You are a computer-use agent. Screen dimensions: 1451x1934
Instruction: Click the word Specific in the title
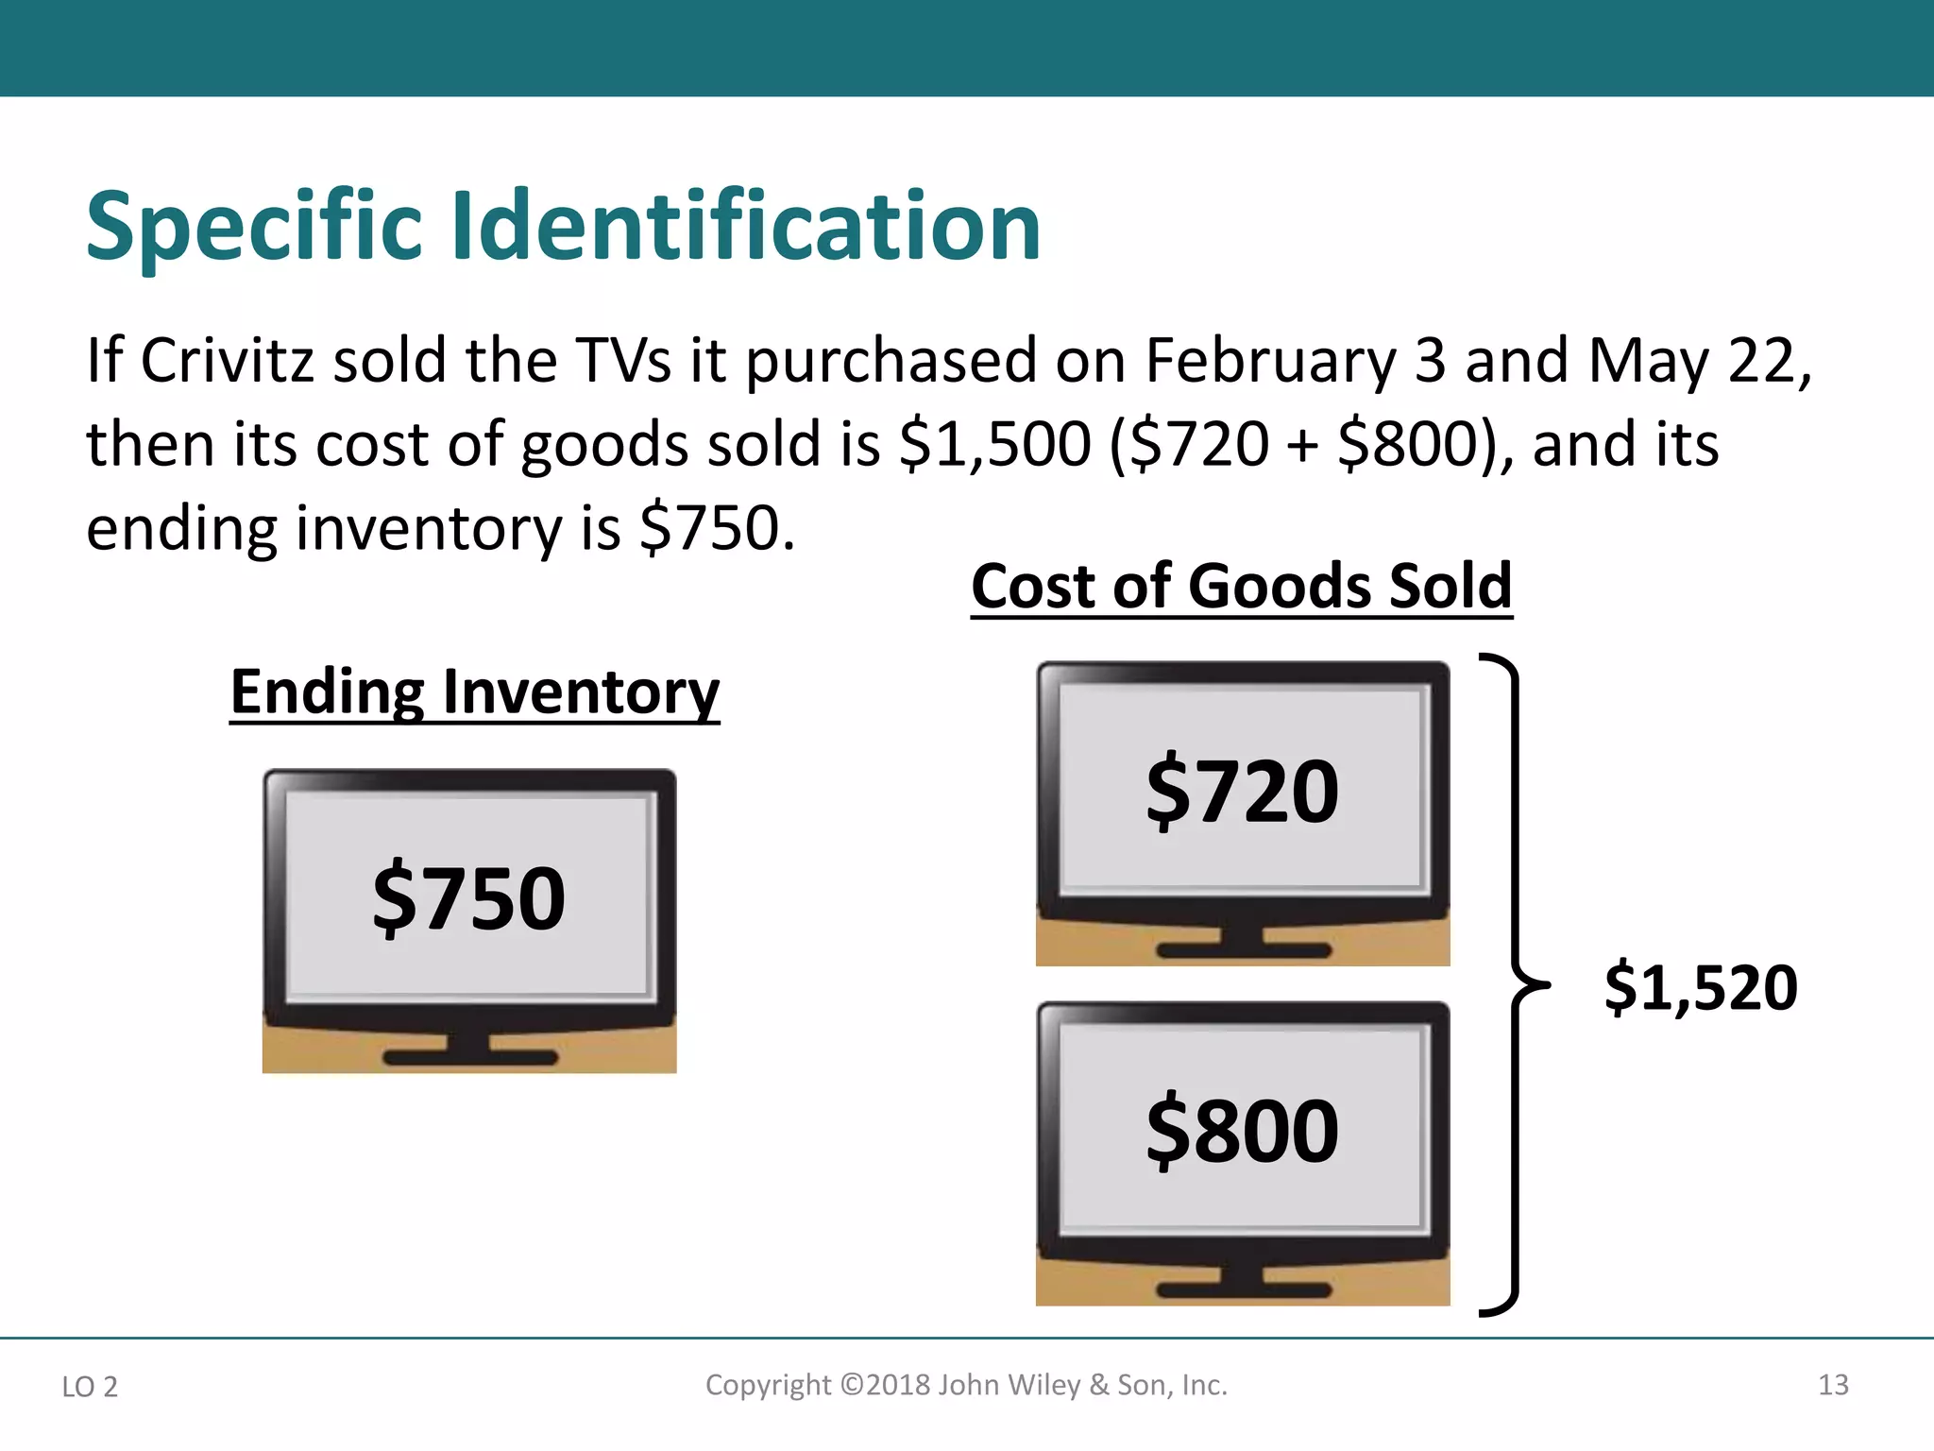(253, 227)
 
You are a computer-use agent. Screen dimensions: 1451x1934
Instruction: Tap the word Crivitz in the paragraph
(227, 361)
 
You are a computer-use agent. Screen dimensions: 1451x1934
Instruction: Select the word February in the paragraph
(1270, 361)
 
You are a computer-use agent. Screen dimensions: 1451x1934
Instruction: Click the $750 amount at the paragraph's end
(716, 528)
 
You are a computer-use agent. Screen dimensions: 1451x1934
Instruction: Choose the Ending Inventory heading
(475, 692)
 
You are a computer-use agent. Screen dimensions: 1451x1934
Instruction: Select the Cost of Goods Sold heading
(1242, 587)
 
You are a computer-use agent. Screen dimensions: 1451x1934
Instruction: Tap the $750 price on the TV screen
(469, 897)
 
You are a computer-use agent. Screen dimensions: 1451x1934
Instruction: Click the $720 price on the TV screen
(1243, 791)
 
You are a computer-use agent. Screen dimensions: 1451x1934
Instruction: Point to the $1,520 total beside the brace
(1701, 988)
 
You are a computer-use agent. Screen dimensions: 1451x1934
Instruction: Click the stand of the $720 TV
(1243, 945)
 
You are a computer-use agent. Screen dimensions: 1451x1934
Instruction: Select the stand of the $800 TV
(1243, 1285)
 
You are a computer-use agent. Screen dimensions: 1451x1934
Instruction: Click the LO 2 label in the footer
(90, 1387)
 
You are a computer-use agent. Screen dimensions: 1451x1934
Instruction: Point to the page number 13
(1833, 1385)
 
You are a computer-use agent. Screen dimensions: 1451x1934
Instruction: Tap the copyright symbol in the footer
(852, 1385)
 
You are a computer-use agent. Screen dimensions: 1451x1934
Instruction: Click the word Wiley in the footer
(1043, 1385)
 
